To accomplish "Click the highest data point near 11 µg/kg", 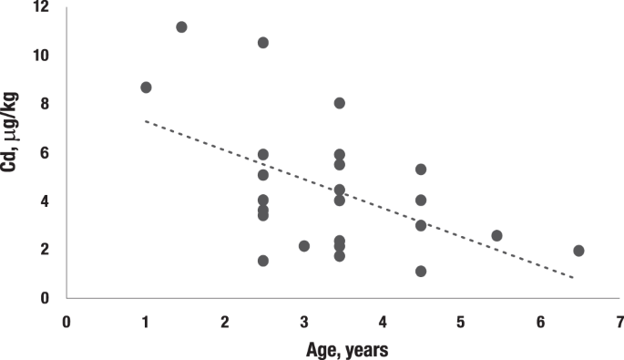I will coord(181,27).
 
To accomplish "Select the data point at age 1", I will coord(146,87).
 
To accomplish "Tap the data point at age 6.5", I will coord(578,251).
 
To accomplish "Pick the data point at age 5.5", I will coord(496,235).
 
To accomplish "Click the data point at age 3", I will coord(304,246).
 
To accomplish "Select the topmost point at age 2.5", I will coord(263,43).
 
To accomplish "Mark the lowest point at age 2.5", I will coord(263,261).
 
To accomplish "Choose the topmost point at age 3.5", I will coord(339,103).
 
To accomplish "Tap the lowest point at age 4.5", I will coord(421,271).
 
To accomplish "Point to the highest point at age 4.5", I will coord(421,170).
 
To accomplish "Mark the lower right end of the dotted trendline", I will coord(573,277).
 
